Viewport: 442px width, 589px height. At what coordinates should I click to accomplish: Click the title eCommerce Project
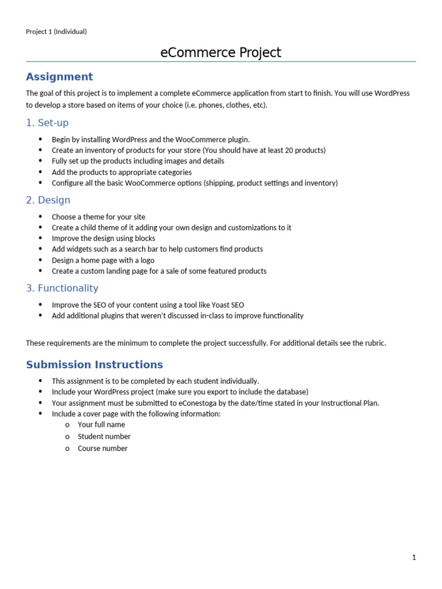(x=220, y=53)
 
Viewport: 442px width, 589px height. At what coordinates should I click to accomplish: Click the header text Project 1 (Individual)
(x=56, y=32)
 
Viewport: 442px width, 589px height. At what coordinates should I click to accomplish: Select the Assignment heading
(x=59, y=77)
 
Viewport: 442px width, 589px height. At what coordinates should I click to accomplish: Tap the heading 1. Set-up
(x=47, y=123)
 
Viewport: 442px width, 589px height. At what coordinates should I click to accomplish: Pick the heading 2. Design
(x=48, y=200)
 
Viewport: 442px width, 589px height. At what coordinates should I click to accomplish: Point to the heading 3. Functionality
(x=62, y=288)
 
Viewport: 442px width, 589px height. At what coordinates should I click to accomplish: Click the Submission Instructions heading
(x=94, y=365)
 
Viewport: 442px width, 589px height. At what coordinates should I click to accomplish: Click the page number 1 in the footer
(x=414, y=557)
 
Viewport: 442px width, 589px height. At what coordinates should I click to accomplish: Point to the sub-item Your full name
(x=101, y=424)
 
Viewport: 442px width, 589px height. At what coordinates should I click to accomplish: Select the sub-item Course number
(x=102, y=449)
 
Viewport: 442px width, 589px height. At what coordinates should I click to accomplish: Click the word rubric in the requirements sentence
(x=374, y=343)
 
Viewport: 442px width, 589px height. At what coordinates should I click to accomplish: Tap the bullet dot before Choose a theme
(x=40, y=217)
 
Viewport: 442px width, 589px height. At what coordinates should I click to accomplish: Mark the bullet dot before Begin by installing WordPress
(x=40, y=139)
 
